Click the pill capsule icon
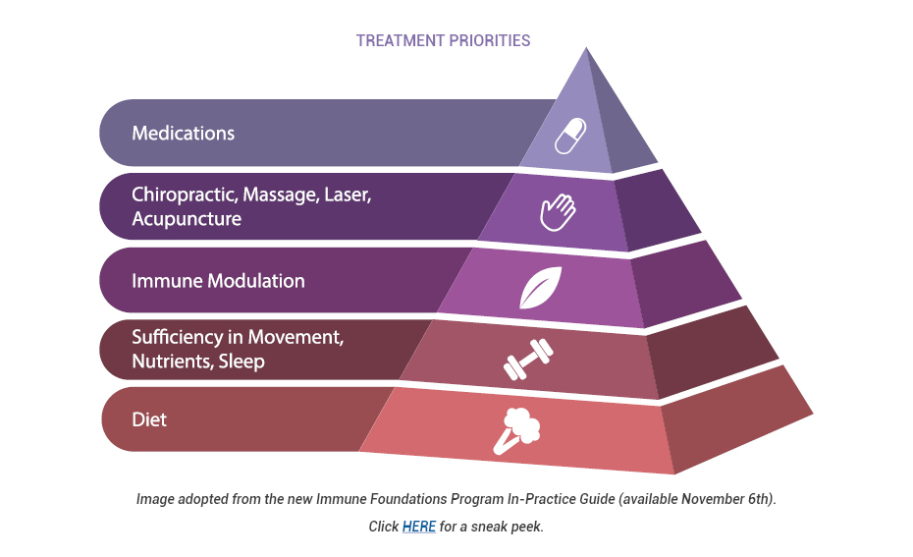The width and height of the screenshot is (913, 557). click(x=569, y=137)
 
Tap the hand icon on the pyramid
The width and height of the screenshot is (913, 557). click(x=557, y=211)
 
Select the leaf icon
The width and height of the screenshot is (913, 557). click(x=540, y=288)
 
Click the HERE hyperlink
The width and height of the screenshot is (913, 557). click(x=419, y=527)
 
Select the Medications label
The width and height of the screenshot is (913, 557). click(x=184, y=133)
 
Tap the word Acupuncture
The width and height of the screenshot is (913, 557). click(x=187, y=218)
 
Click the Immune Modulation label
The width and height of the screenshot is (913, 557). click(x=218, y=280)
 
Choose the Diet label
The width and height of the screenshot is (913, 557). click(x=149, y=419)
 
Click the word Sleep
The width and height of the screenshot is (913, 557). click(x=242, y=362)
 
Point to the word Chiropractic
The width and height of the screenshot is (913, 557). click(x=184, y=194)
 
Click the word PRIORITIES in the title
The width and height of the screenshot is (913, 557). click(x=489, y=40)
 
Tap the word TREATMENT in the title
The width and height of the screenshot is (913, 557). click(x=400, y=40)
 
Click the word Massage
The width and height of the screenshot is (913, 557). click(x=279, y=194)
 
